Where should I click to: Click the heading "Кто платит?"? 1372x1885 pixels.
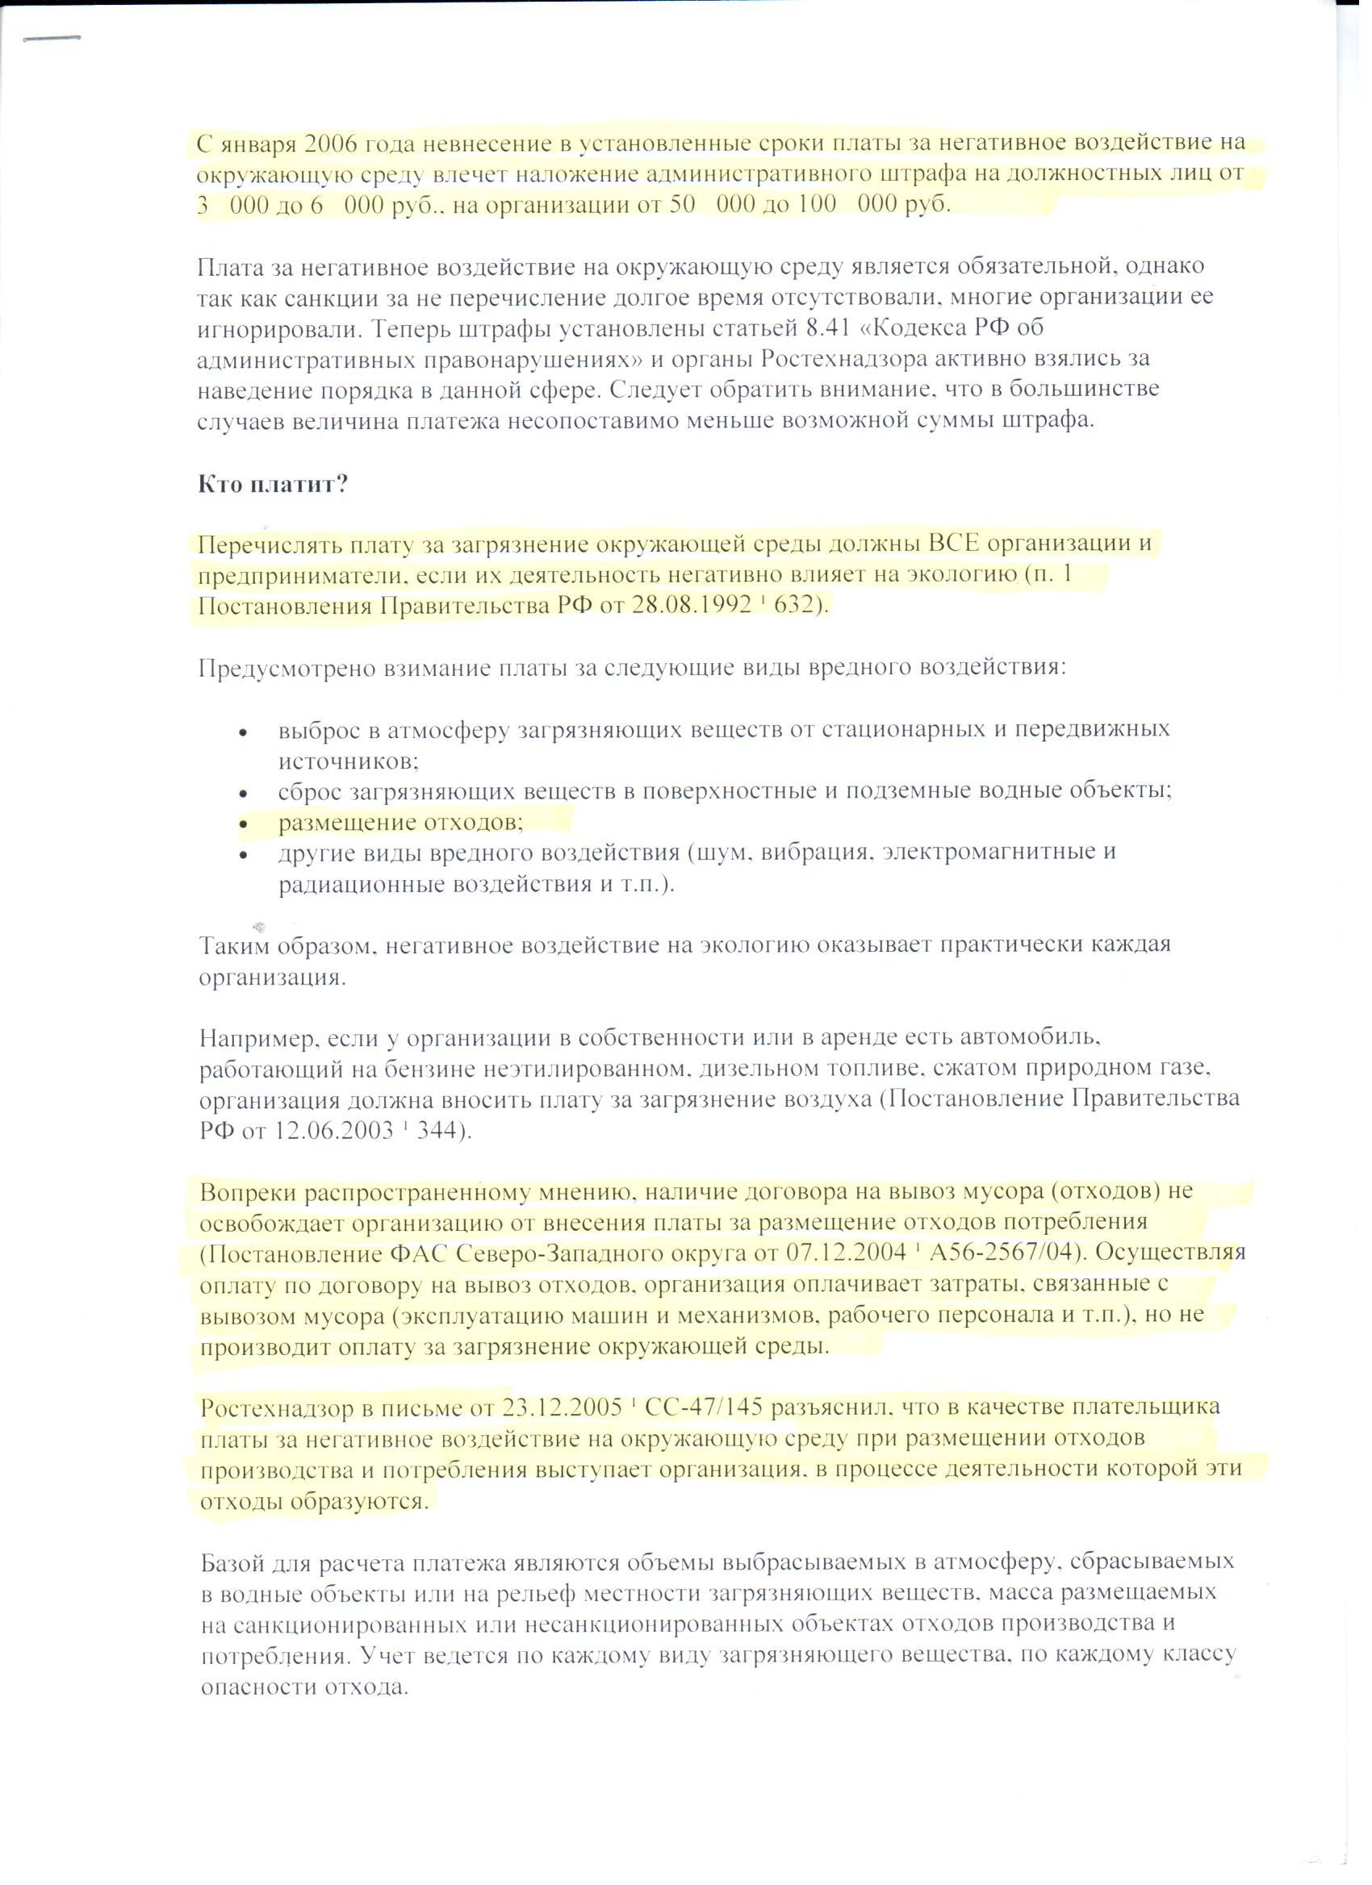272,484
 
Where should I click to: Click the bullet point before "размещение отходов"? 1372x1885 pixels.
244,824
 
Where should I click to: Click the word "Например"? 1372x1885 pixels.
256,1038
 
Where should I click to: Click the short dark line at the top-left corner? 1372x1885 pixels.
52,38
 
